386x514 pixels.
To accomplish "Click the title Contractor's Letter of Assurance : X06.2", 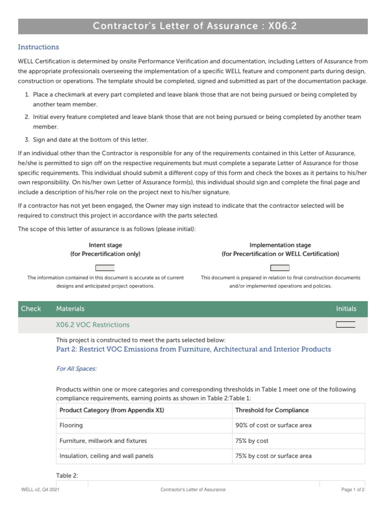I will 192,26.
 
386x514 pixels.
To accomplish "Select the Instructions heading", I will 38,47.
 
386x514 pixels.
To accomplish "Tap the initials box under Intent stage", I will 105,268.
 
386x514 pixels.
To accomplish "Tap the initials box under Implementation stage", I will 280,268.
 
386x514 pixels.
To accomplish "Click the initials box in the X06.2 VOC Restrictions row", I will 345,325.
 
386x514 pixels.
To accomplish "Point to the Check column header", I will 31,309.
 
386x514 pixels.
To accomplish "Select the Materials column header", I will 70,309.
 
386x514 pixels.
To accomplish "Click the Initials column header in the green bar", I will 346,309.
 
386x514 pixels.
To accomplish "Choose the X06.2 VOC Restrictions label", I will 92,325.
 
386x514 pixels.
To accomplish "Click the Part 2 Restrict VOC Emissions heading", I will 194,349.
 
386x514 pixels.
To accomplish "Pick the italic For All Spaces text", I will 76,369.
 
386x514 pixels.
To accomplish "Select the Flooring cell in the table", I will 71,425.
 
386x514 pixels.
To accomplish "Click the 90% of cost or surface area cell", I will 273,425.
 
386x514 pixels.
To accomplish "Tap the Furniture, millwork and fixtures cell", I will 103,441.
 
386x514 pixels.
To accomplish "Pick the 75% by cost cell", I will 252,441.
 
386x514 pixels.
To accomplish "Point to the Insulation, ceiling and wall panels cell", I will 106,456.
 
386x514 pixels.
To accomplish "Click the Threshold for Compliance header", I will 272,410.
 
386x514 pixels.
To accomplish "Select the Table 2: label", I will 67,475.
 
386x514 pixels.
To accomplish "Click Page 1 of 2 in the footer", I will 353,489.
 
